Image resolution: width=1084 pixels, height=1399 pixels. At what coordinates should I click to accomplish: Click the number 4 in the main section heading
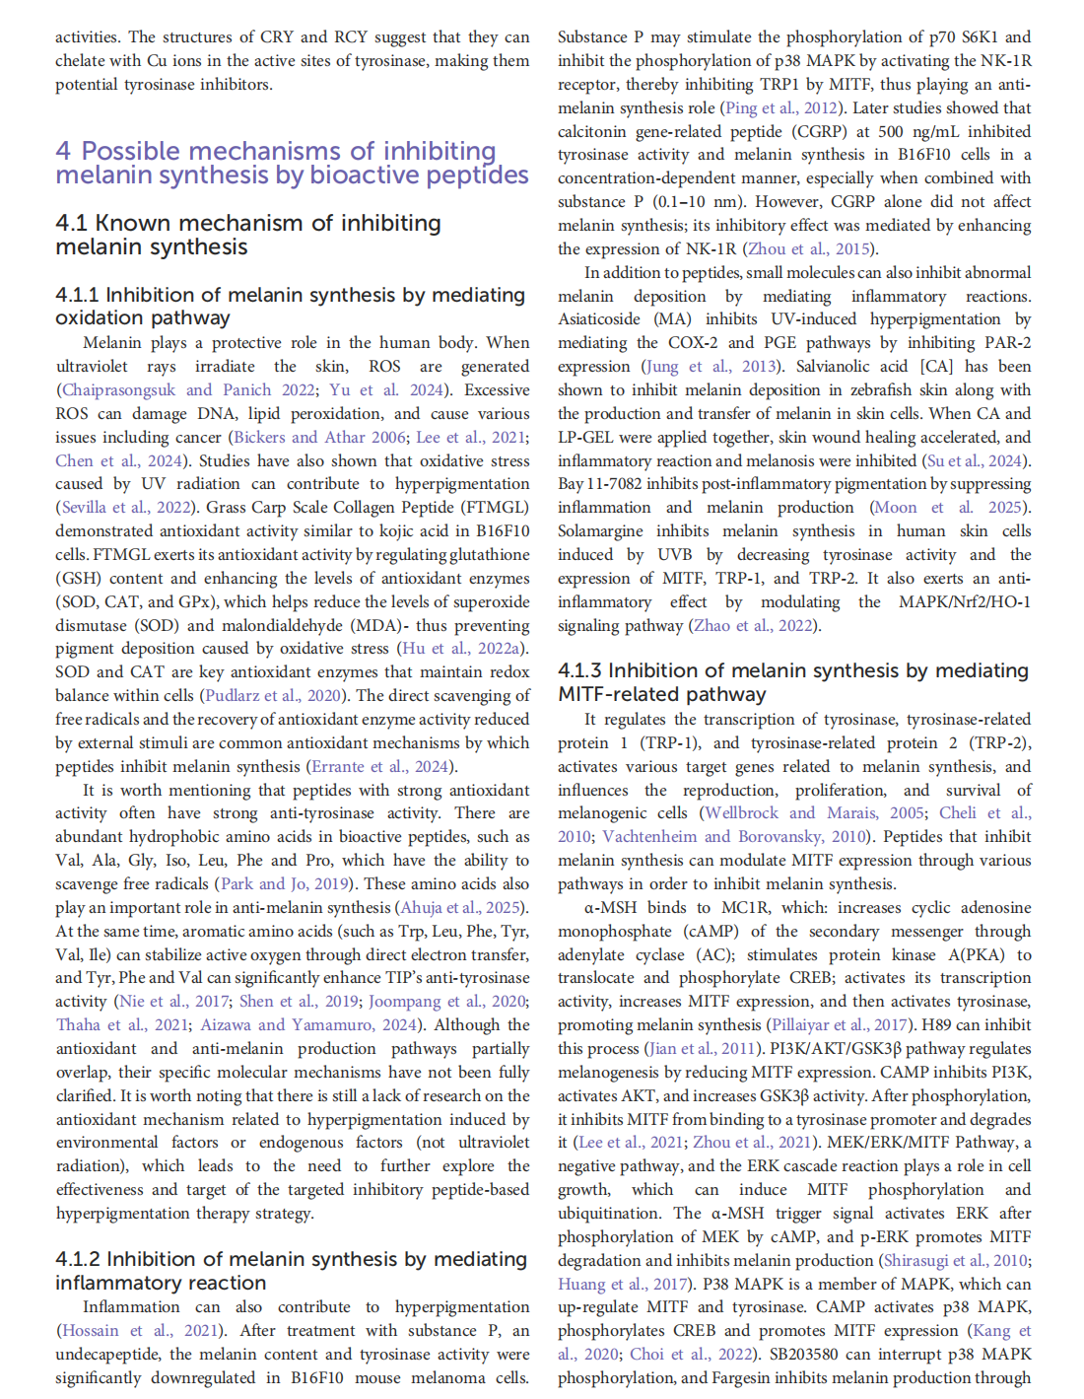64,152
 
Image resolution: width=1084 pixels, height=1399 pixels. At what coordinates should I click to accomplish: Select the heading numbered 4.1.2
292,1271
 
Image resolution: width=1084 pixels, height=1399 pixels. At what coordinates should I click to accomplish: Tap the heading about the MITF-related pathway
793,682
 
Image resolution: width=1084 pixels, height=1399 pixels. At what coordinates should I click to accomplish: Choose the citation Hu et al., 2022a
461,649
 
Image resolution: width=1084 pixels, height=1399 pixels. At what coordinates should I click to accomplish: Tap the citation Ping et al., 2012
782,107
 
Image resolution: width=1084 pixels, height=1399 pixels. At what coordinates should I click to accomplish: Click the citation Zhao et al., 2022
754,625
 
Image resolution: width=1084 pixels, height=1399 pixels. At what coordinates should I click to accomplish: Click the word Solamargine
601,531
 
